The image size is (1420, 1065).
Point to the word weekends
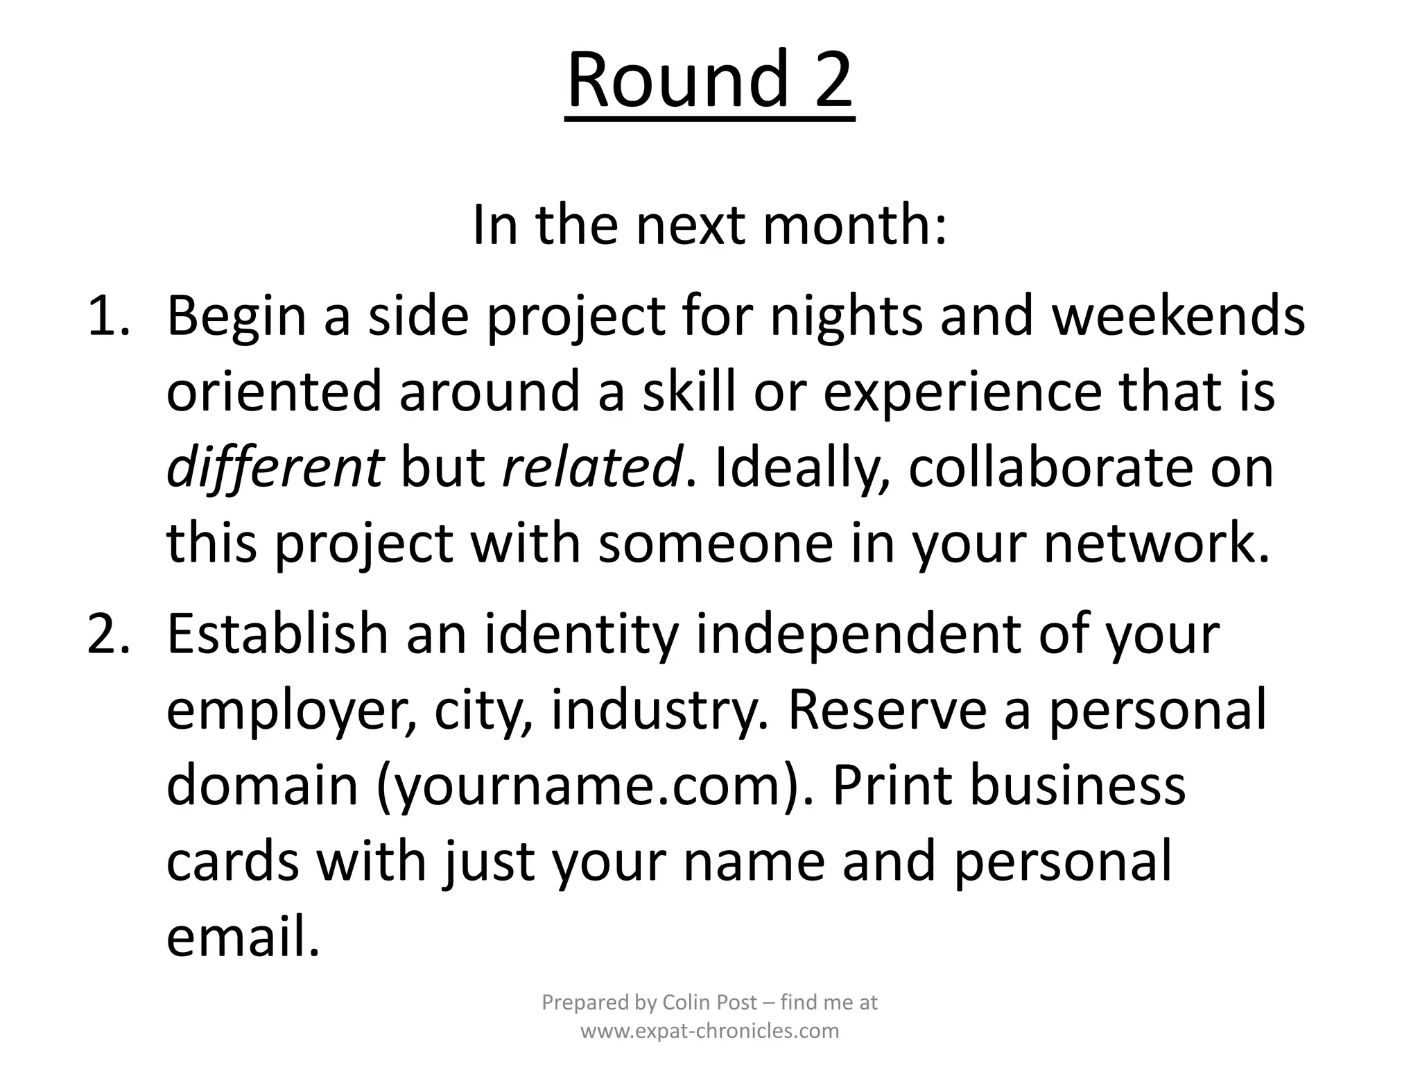click(1179, 316)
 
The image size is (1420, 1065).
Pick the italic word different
click(275, 467)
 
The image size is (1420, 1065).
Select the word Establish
click(277, 634)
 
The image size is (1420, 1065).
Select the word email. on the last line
click(243, 937)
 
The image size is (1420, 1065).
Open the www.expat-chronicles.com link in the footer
click(709, 1031)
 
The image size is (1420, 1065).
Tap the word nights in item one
click(846, 316)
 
